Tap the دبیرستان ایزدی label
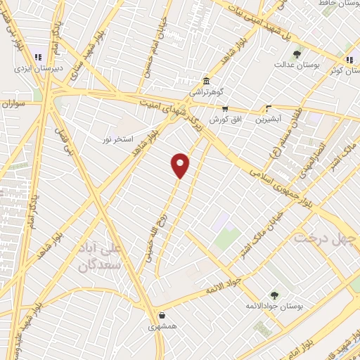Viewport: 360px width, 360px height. tap(34, 69)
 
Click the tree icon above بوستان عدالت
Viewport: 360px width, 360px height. tap(297, 53)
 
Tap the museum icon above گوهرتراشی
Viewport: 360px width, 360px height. tap(206, 81)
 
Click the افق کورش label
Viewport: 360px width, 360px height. tap(224, 120)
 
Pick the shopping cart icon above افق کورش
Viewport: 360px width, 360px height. tap(225, 108)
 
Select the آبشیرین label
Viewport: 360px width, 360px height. tap(268, 119)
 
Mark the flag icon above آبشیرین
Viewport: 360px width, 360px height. tap(268, 108)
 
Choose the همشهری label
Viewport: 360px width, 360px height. tap(163, 327)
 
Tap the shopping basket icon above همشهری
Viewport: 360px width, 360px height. tap(162, 316)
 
